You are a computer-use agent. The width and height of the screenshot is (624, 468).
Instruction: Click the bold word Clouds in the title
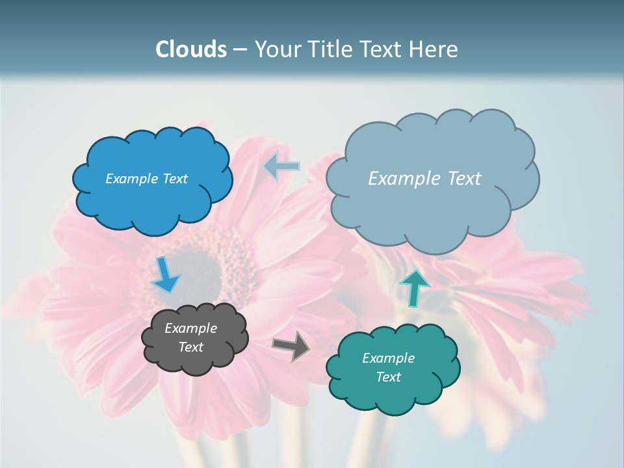coord(192,49)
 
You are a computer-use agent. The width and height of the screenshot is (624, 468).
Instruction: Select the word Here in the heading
coord(434,49)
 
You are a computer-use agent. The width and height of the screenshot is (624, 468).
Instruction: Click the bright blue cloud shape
coord(153,201)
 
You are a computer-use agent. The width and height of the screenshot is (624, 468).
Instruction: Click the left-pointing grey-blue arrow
coord(281,167)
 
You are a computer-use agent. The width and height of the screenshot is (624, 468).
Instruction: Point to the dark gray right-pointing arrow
coord(292,346)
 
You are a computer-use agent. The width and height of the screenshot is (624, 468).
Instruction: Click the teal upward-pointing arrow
coord(414,288)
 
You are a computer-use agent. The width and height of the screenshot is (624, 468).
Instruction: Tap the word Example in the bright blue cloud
coord(130,179)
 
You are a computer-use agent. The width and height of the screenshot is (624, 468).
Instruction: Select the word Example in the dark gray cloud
coord(190,328)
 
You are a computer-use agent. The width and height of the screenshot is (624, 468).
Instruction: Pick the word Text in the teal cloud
coord(388,377)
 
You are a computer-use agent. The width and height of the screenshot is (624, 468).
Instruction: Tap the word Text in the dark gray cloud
coord(190,347)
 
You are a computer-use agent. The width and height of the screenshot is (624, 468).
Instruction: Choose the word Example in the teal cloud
coord(388,358)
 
